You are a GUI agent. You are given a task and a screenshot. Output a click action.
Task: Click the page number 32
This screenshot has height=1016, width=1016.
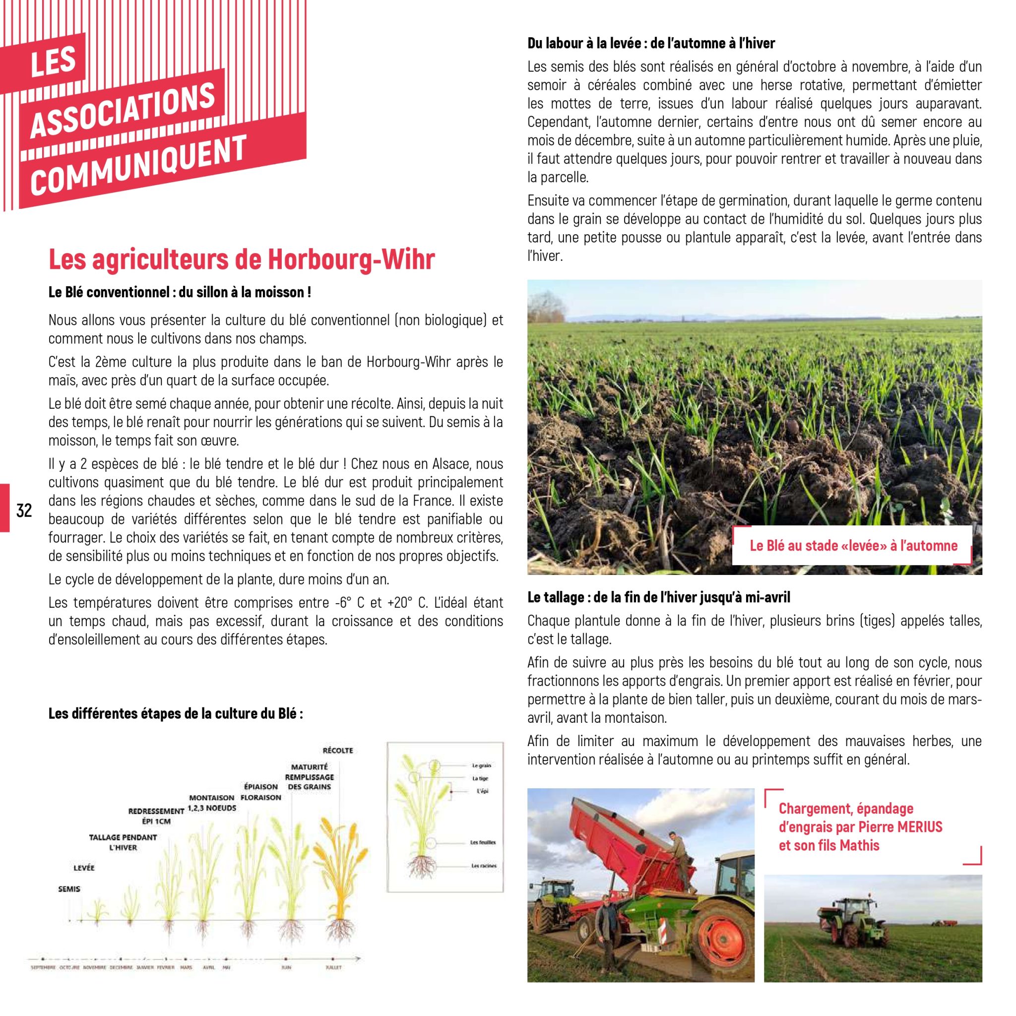24,510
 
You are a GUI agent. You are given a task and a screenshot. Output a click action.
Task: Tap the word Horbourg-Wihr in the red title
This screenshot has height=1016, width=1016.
351,259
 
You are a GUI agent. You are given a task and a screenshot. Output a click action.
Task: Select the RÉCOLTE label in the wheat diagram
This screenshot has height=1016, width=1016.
338,750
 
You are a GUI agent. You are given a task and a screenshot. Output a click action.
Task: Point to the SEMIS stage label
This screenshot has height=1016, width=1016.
69,889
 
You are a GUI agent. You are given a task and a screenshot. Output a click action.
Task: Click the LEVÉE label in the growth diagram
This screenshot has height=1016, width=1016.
84,868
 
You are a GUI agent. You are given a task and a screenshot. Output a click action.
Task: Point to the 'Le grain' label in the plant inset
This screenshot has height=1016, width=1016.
482,765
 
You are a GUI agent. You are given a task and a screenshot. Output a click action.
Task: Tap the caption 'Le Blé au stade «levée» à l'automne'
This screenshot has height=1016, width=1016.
853,545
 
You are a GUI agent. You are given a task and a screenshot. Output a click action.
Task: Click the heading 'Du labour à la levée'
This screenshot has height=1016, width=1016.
651,43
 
